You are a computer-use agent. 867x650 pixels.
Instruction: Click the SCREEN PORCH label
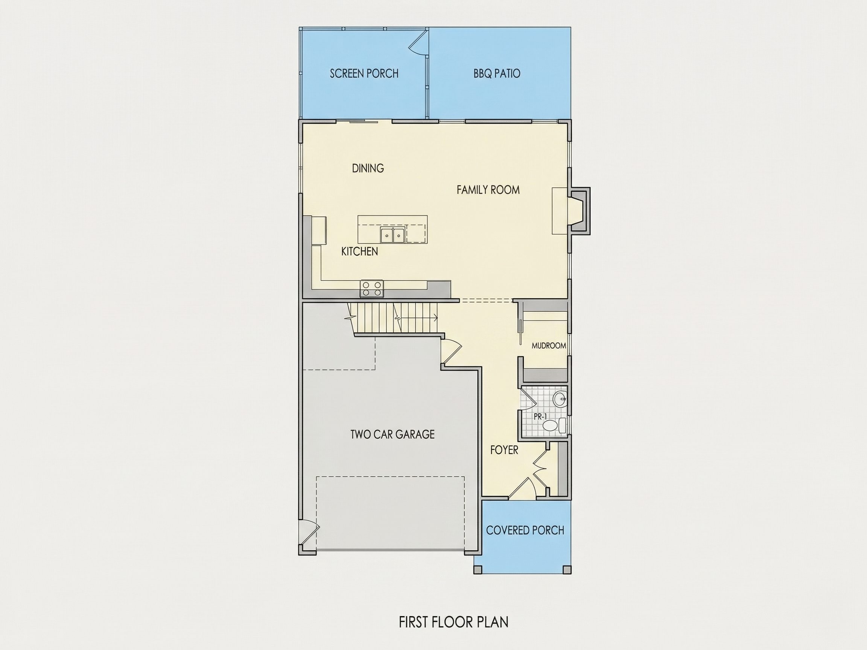[364, 73]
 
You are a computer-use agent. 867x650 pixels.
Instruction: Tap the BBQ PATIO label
[497, 73]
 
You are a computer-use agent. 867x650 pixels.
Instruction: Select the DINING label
[368, 168]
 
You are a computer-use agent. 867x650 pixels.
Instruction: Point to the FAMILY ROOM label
[488, 190]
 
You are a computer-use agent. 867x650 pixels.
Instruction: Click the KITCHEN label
[359, 251]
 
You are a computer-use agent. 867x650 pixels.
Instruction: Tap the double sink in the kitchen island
[392, 234]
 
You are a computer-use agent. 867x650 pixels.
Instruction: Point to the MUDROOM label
[548, 346]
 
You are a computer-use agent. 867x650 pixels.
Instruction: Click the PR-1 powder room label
[540, 416]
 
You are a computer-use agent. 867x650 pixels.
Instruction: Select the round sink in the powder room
[559, 399]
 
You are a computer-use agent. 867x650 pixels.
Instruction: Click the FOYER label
[504, 450]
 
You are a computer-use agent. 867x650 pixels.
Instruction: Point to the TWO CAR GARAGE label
[392, 434]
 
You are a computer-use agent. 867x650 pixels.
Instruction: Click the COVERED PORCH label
[525, 530]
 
